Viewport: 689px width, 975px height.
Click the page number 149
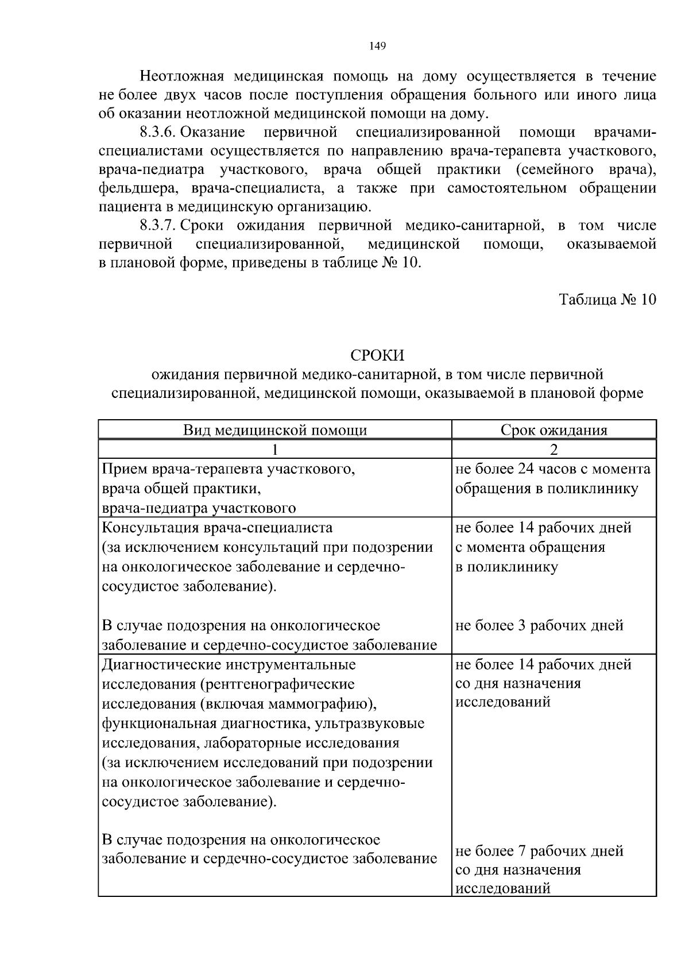coord(377,47)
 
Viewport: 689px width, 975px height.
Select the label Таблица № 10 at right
coord(607,300)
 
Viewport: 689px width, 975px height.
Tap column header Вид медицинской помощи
coord(275,430)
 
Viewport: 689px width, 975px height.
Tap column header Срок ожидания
coord(553,430)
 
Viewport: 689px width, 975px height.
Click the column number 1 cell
coord(275,449)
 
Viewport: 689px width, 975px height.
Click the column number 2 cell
coord(553,449)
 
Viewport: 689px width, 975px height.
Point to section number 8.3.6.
coord(158,133)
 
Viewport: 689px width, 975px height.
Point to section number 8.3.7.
coord(158,226)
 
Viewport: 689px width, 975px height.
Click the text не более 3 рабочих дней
coord(539,625)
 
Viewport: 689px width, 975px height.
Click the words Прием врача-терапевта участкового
coord(229,469)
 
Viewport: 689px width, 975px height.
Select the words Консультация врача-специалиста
coord(217,527)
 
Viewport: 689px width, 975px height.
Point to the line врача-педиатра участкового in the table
coord(199,508)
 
